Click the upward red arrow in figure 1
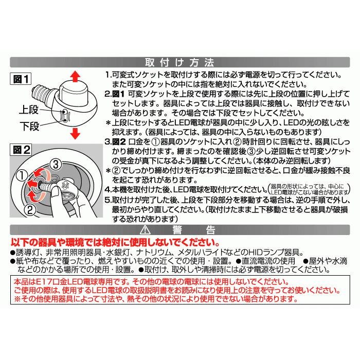coord(75,77)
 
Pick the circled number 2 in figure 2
coord(29,209)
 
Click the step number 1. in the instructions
coord(107,75)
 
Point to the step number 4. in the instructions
coord(107,189)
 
